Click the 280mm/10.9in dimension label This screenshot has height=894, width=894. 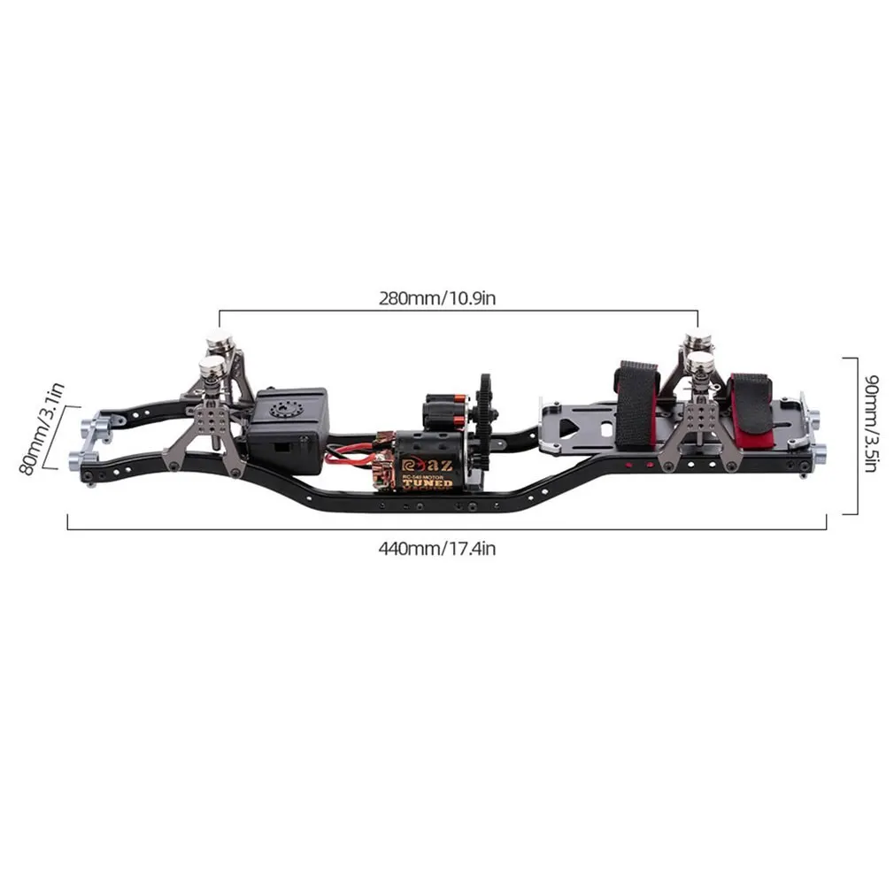pyautogui.click(x=436, y=297)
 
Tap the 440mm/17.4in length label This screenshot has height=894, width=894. pyautogui.click(x=436, y=548)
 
